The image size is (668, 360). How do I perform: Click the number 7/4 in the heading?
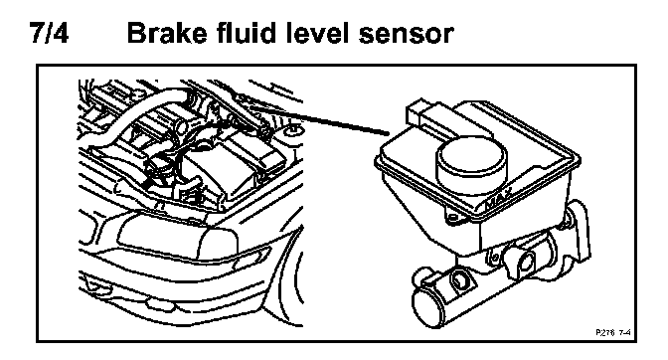[50, 33]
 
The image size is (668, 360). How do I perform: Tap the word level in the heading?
[318, 33]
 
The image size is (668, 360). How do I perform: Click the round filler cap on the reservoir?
[471, 164]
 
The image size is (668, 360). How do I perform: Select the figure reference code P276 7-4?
[613, 332]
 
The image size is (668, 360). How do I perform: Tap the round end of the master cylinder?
[429, 306]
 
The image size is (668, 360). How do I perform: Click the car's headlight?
[177, 237]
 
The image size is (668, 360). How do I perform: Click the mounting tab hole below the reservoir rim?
[452, 218]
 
